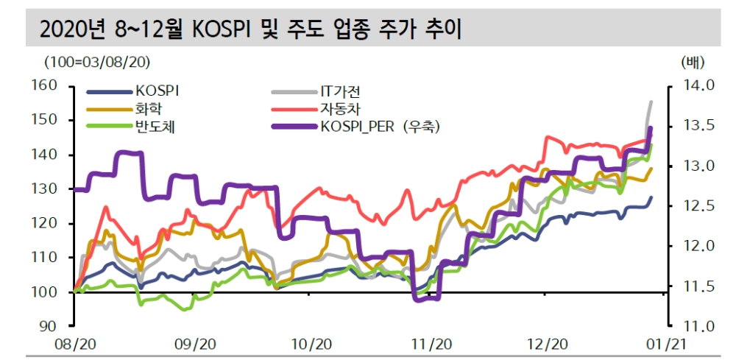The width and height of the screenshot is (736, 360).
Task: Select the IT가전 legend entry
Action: point(343,91)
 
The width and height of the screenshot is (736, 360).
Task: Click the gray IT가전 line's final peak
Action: point(651,102)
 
